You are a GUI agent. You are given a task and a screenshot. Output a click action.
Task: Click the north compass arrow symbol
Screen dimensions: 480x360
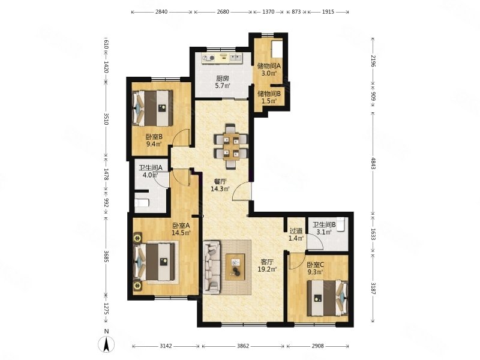pos(106,344)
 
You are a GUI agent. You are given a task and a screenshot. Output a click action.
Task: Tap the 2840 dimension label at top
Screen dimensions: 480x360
pos(161,12)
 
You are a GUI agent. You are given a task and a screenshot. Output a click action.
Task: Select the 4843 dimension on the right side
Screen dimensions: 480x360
pos(373,163)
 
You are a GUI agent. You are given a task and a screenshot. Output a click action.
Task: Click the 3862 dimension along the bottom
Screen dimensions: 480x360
pos(243,346)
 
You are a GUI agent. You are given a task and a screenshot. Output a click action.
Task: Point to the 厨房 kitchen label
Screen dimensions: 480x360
pos(222,79)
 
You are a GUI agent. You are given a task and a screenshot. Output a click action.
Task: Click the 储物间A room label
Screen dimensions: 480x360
pos(269,66)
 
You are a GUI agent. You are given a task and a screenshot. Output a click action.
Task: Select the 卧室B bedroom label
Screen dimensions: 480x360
pos(154,137)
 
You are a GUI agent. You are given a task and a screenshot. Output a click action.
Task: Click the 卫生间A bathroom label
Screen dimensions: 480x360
pos(151,168)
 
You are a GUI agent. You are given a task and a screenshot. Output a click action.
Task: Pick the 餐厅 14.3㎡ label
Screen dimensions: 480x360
pos(220,185)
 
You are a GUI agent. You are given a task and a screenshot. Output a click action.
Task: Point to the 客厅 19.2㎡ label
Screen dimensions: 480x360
pos(267,265)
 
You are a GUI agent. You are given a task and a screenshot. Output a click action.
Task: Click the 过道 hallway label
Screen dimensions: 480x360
pos(296,231)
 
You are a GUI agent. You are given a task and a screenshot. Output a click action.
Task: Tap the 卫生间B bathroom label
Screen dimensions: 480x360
pos(324,225)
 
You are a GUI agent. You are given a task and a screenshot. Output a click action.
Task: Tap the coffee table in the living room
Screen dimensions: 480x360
pos(235,266)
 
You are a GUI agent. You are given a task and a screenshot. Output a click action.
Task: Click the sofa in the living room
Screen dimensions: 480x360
pos(212,266)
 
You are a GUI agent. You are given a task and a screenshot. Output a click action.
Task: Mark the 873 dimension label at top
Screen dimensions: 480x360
pos(296,12)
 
